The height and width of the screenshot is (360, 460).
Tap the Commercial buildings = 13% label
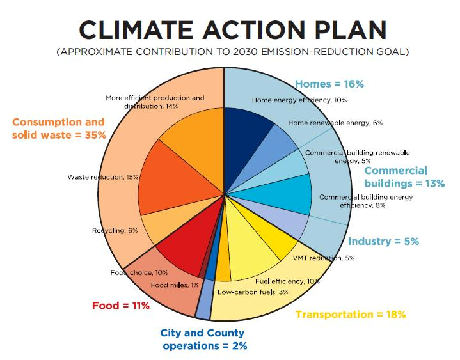(x=404, y=177)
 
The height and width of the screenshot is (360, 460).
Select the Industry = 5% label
(x=383, y=241)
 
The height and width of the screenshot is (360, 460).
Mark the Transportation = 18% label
(x=351, y=314)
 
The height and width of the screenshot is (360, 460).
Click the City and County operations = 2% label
(x=203, y=340)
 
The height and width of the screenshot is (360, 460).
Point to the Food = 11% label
(x=120, y=305)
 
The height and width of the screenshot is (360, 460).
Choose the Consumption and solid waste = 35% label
(x=58, y=128)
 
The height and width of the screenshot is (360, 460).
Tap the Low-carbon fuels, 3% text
(x=253, y=292)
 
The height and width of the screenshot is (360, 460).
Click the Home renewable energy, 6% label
(x=335, y=123)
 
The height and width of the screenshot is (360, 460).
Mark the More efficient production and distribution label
(x=155, y=102)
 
